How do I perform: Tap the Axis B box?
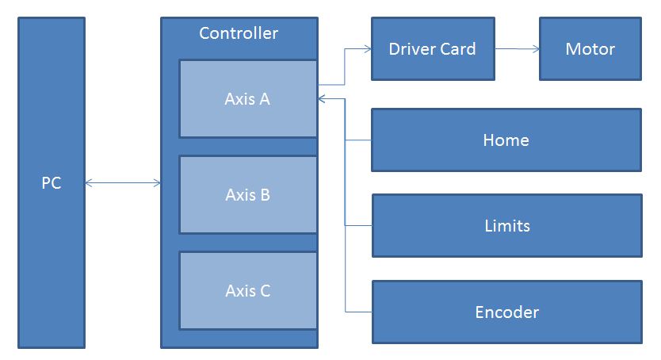(x=248, y=214)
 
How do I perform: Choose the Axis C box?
(x=248, y=309)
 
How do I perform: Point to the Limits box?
(x=506, y=243)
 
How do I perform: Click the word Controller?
(x=239, y=33)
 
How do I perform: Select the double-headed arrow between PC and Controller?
(x=123, y=183)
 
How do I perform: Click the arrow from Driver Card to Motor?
(x=517, y=49)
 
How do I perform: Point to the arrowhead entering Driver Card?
(x=367, y=49)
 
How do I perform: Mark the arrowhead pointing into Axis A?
(x=322, y=99)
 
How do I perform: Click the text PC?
(x=52, y=183)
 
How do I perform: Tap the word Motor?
(x=590, y=49)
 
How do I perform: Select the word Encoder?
(x=506, y=312)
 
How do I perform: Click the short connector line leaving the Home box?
(x=358, y=140)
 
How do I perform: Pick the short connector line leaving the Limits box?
(x=358, y=226)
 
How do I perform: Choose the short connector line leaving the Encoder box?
(x=358, y=312)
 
